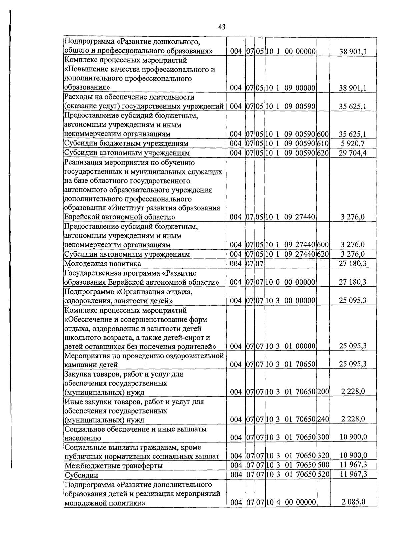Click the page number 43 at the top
coord(222,27)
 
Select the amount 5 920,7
coord(352,143)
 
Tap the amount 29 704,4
coord(352,153)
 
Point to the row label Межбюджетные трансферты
coord(113,465)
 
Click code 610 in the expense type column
coord(323,143)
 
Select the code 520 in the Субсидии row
coord(323,474)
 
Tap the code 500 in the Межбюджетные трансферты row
coord(323,465)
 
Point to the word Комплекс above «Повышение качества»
coord(81,61)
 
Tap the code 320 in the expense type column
coord(323,455)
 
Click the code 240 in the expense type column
coord(323,419)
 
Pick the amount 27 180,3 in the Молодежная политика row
coord(352,264)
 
